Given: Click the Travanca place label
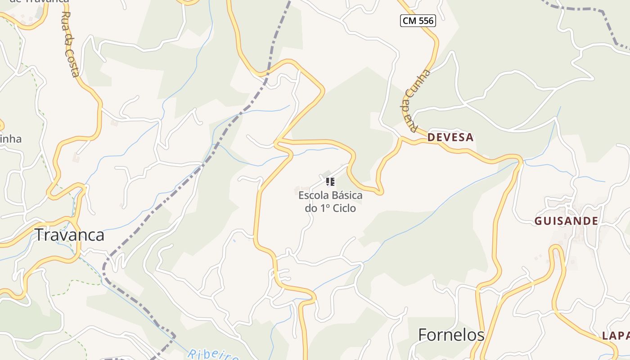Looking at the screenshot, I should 70,235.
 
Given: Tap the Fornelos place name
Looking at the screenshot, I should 451,335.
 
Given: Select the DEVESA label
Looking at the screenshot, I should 450,137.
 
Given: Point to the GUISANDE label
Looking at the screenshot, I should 566,221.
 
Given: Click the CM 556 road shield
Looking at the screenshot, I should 418,20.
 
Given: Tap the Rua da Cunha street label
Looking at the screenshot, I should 414,102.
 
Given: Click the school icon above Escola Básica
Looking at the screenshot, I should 330,181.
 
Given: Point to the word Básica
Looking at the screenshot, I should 347,195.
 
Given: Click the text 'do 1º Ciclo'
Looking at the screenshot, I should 330,208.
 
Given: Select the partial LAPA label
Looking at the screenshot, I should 616,336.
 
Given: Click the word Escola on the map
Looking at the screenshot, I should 314,195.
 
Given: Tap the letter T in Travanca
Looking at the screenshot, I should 40,235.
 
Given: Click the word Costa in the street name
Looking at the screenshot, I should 73,63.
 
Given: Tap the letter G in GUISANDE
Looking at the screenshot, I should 538,221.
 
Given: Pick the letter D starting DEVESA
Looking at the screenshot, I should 432,137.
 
